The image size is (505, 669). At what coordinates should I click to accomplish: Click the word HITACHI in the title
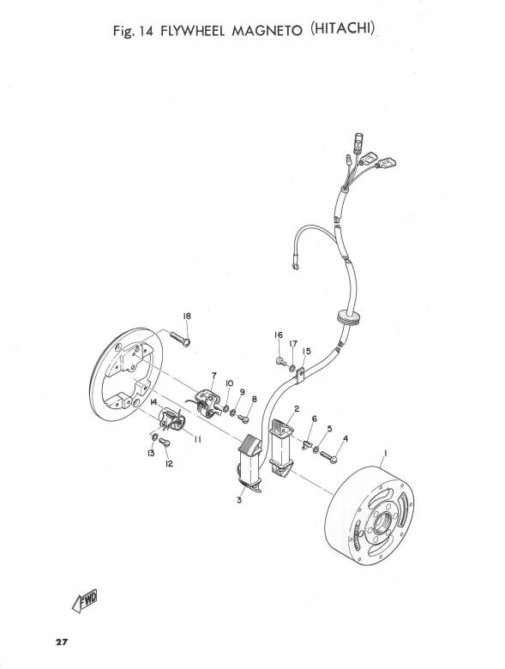tap(343, 28)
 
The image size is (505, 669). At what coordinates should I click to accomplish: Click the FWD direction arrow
tap(85, 600)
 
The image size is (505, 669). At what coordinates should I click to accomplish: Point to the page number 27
tap(62, 642)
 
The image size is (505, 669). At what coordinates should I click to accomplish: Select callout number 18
tap(187, 316)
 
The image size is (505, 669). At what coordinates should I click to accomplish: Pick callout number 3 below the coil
tap(239, 500)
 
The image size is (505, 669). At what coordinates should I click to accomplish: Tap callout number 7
tap(213, 376)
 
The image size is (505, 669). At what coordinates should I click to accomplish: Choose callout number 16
tap(279, 335)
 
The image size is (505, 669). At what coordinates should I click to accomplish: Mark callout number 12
tap(169, 464)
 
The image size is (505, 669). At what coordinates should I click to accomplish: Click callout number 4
tap(345, 438)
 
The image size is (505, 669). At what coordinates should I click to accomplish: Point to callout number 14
tap(153, 402)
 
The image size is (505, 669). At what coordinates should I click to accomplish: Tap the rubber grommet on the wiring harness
tap(346, 317)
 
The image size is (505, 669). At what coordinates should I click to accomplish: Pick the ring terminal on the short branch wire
tap(295, 267)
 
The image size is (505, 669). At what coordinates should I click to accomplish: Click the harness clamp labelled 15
tap(300, 375)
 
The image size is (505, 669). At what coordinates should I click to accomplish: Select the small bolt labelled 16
tap(280, 361)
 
